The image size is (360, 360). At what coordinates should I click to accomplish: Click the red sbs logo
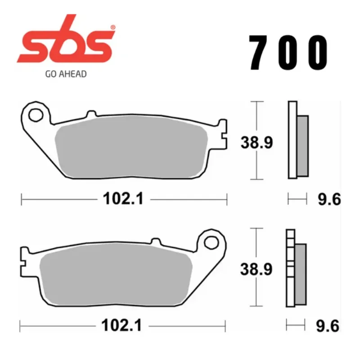[x=65, y=39]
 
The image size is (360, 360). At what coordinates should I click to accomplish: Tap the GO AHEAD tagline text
[x=66, y=74]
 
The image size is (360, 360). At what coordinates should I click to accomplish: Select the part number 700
[x=288, y=53]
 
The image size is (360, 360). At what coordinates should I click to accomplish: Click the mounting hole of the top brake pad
[x=36, y=115]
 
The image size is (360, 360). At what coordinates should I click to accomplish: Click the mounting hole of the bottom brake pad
[x=211, y=243]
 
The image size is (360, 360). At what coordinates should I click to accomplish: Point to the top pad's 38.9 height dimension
[x=256, y=142]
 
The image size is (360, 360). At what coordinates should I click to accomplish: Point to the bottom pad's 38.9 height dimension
[x=256, y=269]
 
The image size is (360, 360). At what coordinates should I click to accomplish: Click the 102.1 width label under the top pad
[x=123, y=198]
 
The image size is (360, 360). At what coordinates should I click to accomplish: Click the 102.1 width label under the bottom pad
[x=121, y=325]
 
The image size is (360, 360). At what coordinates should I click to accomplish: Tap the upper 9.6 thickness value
[x=329, y=199]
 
